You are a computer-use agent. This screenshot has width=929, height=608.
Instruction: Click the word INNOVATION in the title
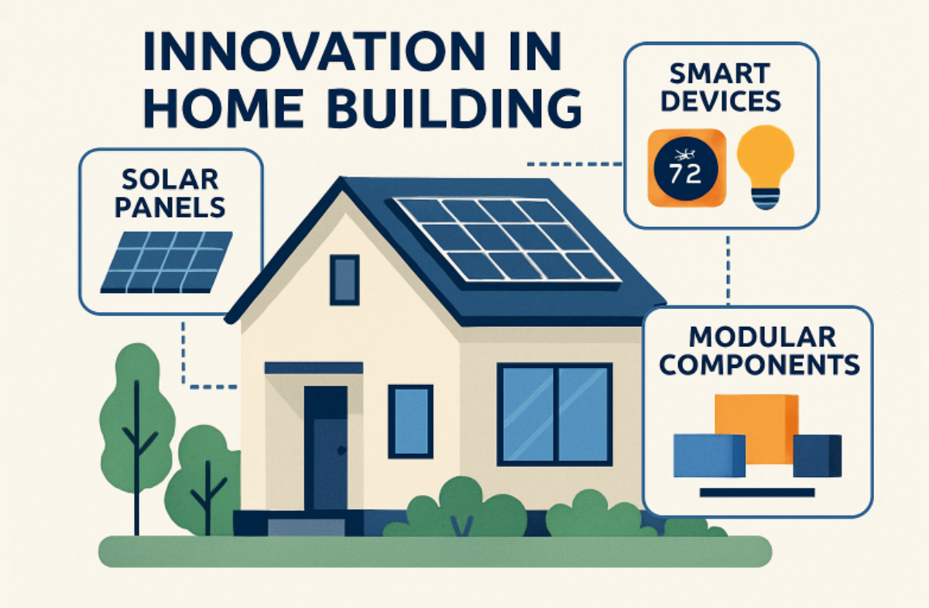point(314,51)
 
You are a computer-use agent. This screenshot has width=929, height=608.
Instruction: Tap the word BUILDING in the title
point(454,108)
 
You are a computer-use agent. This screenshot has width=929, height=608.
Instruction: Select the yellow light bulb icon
point(766,167)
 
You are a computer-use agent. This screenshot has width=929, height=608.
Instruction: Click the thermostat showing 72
point(687,167)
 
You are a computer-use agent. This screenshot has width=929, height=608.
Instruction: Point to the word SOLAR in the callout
point(170,180)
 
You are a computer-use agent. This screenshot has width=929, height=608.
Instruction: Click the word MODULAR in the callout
point(763,337)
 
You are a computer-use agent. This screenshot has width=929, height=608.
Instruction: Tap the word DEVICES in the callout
point(721,101)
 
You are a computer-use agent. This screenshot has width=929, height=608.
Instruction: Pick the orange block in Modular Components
point(756,428)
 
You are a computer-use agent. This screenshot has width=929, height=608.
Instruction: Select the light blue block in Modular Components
point(709,455)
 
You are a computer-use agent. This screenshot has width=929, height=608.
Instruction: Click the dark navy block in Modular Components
point(817,455)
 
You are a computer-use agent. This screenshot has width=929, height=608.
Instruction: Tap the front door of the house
point(326,448)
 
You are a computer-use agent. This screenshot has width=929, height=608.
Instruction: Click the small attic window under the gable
point(345,280)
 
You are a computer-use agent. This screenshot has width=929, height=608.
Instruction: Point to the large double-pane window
point(555,414)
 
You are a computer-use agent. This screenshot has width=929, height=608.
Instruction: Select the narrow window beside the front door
point(410,421)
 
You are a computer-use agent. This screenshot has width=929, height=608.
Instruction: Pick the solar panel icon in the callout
point(166,263)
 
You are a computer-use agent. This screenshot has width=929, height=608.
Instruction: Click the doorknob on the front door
point(341,450)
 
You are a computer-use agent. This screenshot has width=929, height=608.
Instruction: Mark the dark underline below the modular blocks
point(757,493)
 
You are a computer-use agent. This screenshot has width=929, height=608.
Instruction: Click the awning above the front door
point(314,368)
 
